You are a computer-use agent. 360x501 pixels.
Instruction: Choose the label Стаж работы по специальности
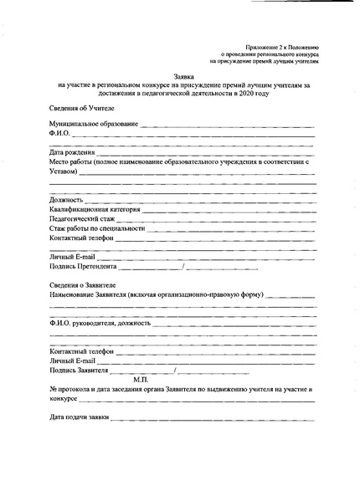[97, 227]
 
